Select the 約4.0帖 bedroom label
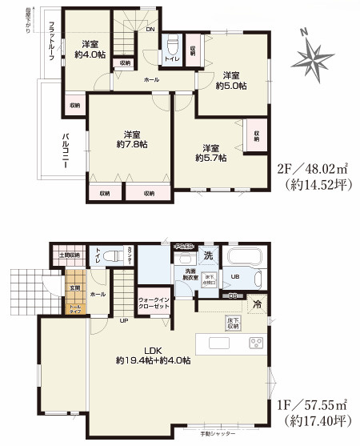[88, 49]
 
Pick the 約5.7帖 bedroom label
[211, 153]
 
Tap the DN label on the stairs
[150, 30]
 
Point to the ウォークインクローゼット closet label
[152, 302]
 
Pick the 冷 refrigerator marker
[258, 305]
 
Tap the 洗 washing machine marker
[207, 256]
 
